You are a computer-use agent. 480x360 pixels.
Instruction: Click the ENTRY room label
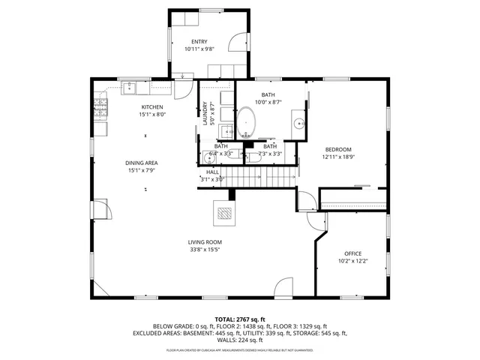click(x=199, y=41)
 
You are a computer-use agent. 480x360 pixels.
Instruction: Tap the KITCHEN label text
click(x=151, y=107)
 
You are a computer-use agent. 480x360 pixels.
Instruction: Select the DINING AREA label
click(x=141, y=163)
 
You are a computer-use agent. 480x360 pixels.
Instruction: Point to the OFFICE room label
click(x=352, y=254)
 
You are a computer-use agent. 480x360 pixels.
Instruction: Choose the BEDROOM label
click(x=337, y=149)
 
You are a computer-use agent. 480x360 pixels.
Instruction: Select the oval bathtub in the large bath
click(x=246, y=122)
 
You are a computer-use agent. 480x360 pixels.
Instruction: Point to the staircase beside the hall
click(x=262, y=178)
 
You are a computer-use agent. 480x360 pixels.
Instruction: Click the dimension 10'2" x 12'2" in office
click(x=352, y=262)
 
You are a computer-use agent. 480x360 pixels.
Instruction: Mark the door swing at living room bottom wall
click(x=283, y=288)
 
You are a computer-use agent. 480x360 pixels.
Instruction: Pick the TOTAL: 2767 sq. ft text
click(x=240, y=319)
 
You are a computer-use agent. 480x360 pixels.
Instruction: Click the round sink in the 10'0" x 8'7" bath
click(x=298, y=124)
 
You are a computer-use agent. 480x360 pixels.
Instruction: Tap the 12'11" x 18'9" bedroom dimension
click(x=337, y=157)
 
